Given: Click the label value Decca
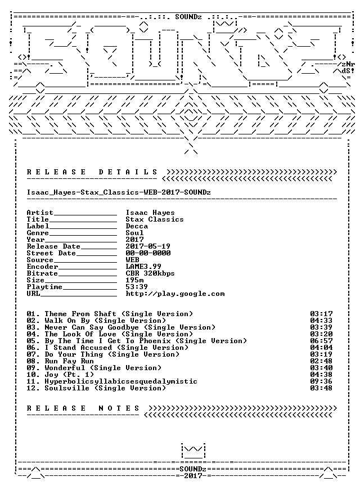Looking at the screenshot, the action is click(x=137, y=226).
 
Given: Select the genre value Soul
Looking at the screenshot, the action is click(x=134, y=233).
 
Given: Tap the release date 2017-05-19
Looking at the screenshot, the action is click(x=148, y=246).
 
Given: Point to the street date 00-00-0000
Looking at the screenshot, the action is click(x=148, y=253).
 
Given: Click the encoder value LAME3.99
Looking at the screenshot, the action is click(x=143, y=267).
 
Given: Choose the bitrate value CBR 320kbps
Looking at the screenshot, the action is click(x=150, y=273).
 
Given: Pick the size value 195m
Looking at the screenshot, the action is click(x=134, y=280).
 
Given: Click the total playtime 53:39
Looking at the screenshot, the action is click(x=137, y=287).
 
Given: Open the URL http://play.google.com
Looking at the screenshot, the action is click(x=175, y=294).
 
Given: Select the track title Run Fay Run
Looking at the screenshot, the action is click(x=69, y=361).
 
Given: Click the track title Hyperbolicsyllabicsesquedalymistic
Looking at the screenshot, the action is click(x=121, y=381).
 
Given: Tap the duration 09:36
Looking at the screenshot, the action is click(x=321, y=381).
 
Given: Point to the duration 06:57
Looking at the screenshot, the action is click(x=321, y=341).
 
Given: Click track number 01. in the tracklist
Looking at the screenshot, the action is click(x=33, y=314).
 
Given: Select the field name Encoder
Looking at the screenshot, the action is click(x=42, y=267).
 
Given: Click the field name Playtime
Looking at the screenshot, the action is click(x=44, y=287).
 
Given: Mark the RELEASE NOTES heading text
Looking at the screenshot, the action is click(x=83, y=408).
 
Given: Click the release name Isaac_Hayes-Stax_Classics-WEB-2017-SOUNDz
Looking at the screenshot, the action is click(x=119, y=192).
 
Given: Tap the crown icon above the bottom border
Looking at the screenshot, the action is click(x=193, y=451).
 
